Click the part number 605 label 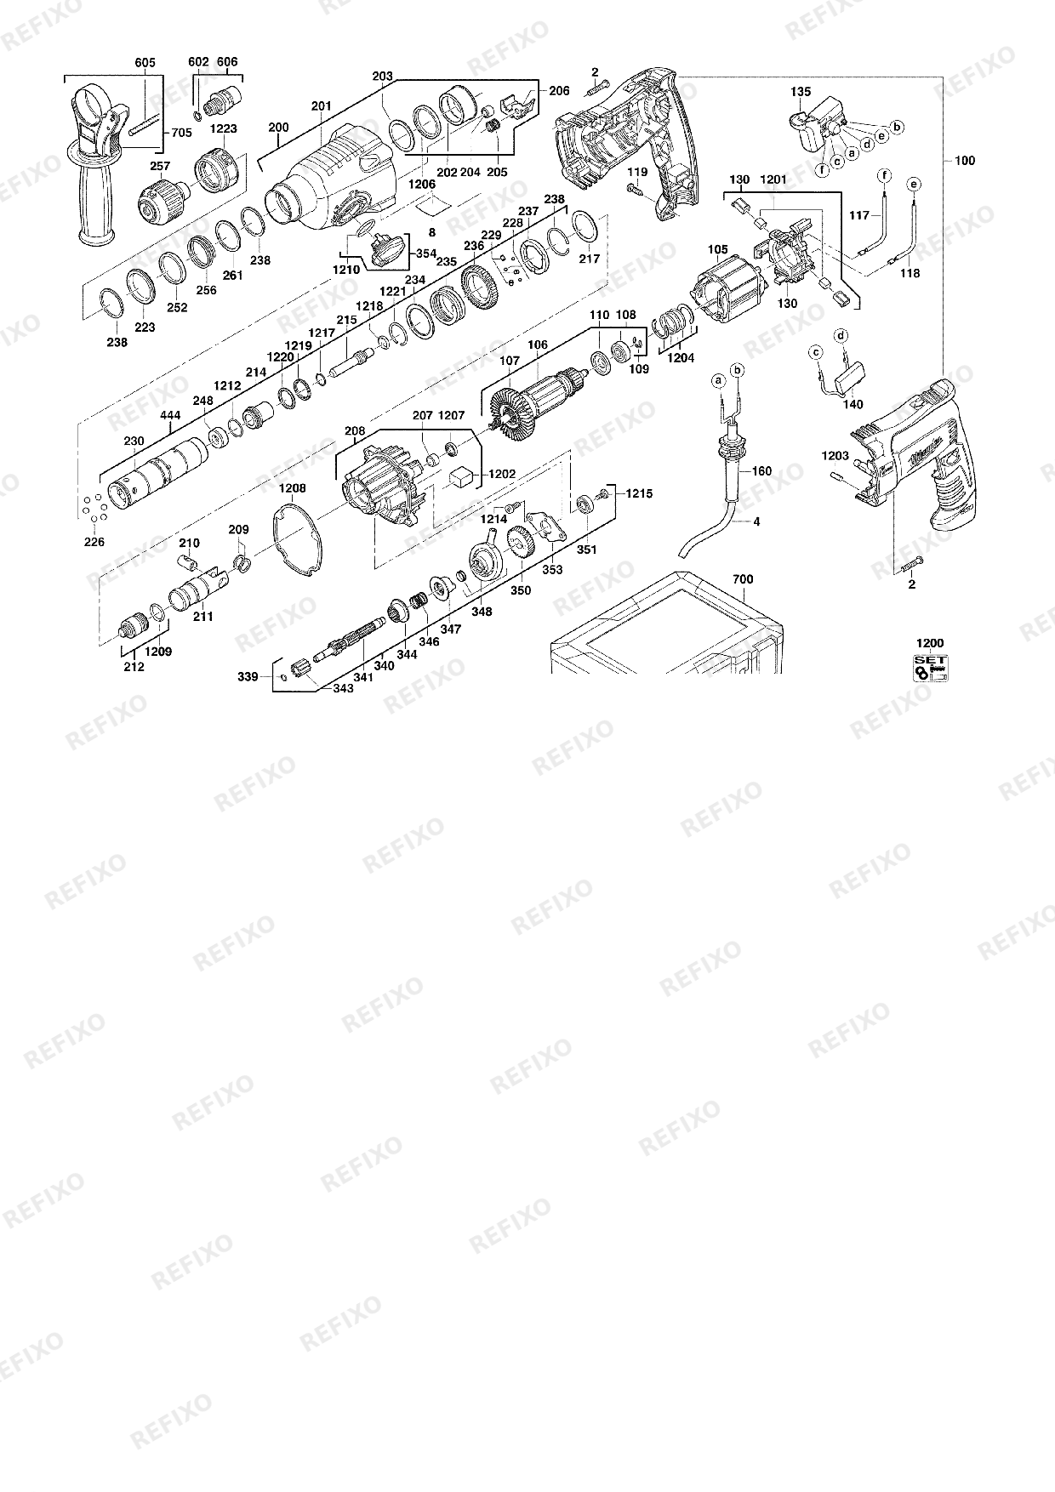tap(145, 62)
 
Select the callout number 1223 tap(225, 128)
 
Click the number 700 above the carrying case tap(743, 579)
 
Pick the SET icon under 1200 tap(930, 668)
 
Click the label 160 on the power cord tap(761, 470)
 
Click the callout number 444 tap(170, 415)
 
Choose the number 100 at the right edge tap(965, 161)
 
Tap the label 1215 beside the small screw tap(639, 493)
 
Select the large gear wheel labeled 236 tap(482, 288)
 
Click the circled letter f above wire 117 tap(884, 175)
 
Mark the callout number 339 tap(248, 677)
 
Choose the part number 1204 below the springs tap(681, 358)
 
